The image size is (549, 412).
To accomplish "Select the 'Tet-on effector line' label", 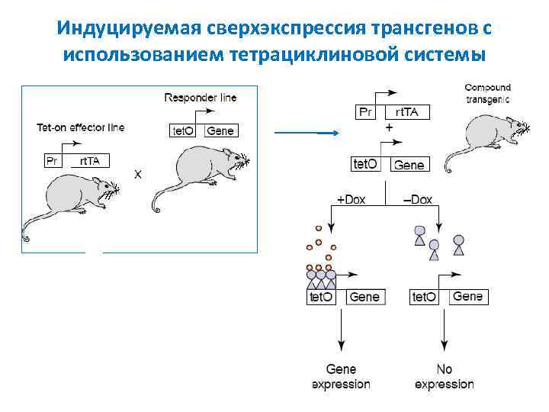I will tap(80, 127).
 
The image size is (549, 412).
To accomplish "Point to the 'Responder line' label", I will tap(201, 98).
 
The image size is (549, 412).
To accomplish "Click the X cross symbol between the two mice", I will tap(138, 174).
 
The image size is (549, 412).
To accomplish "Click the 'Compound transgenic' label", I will tap(487, 93).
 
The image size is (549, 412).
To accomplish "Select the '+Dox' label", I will tap(352, 200).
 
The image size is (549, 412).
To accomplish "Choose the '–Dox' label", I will tap(417, 200).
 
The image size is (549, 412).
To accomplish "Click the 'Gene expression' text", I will tap(341, 377).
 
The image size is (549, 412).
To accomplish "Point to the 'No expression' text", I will tap(444, 377).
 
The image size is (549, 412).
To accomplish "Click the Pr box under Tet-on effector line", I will tap(53, 160).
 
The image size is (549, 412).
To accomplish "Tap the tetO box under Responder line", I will tap(181, 130).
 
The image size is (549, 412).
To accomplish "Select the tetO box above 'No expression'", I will tap(424, 297).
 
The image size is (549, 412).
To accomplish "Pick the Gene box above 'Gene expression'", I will tap(364, 297).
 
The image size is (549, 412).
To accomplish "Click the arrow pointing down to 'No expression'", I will tap(445, 333).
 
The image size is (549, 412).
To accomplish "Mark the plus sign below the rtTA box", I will tap(390, 129).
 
